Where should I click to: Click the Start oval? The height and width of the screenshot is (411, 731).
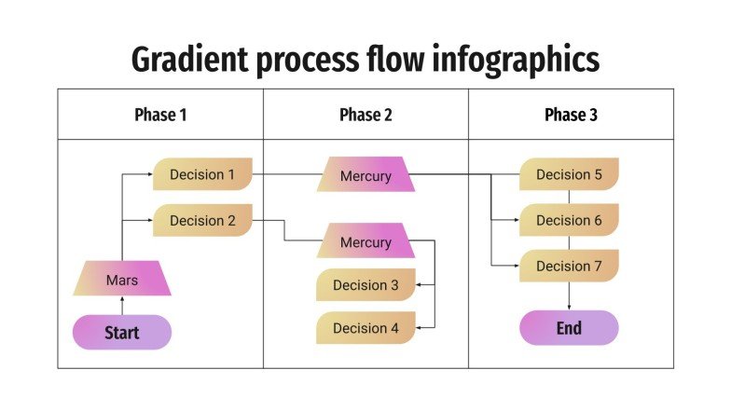(122, 333)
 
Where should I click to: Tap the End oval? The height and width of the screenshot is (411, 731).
(569, 328)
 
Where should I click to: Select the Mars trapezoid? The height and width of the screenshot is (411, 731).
(122, 279)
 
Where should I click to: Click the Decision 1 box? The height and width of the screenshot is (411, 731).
(202, 174)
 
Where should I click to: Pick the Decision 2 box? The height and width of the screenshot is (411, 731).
(202, 221)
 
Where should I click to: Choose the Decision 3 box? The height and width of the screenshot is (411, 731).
(365, 285)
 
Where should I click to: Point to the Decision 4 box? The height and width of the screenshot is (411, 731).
(365, 328)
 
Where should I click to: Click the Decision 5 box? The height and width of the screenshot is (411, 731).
(569, 174)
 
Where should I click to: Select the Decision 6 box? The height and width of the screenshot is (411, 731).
(569, 221)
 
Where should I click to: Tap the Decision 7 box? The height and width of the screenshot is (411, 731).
(569, 267)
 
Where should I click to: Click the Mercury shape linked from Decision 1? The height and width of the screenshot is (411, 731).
(365, 175)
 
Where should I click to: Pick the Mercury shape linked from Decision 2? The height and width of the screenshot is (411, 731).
(365, 241)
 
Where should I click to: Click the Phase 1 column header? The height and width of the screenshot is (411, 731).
(160, 115)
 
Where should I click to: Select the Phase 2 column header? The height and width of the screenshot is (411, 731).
(365, 115)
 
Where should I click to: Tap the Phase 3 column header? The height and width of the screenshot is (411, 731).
(571, 115)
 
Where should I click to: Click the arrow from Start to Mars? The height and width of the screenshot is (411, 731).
(122, 306)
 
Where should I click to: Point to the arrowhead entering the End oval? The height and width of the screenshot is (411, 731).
(569, 307)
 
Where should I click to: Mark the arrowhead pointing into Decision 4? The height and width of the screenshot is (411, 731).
(421, 328)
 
